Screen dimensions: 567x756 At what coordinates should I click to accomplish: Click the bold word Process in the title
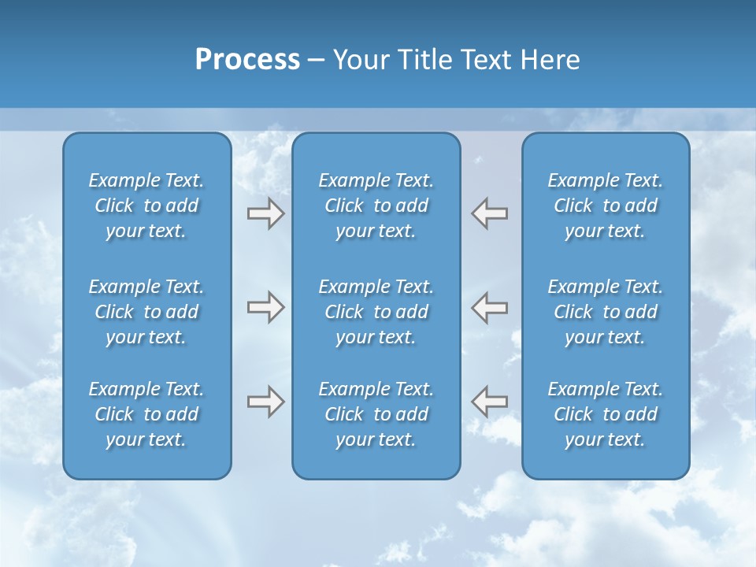click(247, 60)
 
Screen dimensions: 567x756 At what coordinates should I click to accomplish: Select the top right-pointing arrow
click(265, 213)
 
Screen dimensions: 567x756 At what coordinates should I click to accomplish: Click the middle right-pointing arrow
click(265, 307)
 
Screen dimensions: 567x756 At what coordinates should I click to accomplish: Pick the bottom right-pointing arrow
click(265, 402)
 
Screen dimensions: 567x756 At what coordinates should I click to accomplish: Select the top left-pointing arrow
click(490, 213)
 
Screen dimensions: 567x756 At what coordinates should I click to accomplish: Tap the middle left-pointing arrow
click(490, 307)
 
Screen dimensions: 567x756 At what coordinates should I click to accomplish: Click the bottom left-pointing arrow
click(490, 402)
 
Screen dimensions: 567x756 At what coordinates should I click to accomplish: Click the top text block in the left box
click(146, 206)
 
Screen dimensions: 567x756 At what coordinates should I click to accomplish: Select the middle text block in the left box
click(146, 312)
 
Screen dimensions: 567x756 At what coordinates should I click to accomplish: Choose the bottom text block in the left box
click(146, 414)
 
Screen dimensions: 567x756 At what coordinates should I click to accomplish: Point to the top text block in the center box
click(376, 206)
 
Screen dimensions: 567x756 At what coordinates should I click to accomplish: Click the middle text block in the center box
click(376, 312)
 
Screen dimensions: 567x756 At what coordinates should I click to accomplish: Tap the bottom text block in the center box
click(376, 414)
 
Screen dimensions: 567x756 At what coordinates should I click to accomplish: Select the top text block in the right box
click(605, 206)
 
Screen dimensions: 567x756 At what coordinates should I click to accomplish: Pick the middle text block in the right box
click(605, 312)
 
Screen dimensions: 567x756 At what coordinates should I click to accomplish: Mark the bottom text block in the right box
click(605, 414)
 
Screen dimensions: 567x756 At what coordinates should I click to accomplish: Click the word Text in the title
click(486, 60)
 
